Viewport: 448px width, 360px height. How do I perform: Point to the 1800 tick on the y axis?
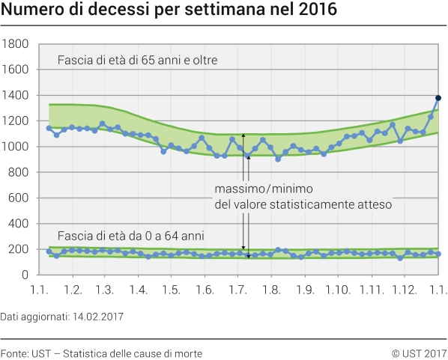[x=16, y=44]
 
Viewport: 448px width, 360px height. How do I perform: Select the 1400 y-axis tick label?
[x=16, y=96]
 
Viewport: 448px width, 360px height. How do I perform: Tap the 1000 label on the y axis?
[x=16, y=147]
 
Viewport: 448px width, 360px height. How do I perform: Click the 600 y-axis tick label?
[x=19, y=198]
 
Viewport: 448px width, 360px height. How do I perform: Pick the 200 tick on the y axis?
[x=19, y=249]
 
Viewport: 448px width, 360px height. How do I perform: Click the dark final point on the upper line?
[x=438, y=98]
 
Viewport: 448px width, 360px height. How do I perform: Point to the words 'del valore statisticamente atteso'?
[x=303, y=203]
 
